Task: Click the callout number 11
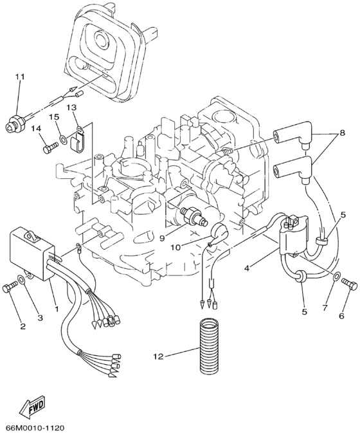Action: tap(20, 77)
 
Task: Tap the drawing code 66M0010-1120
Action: tap(36, 427)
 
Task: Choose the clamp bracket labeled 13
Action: tap(78, 136)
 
